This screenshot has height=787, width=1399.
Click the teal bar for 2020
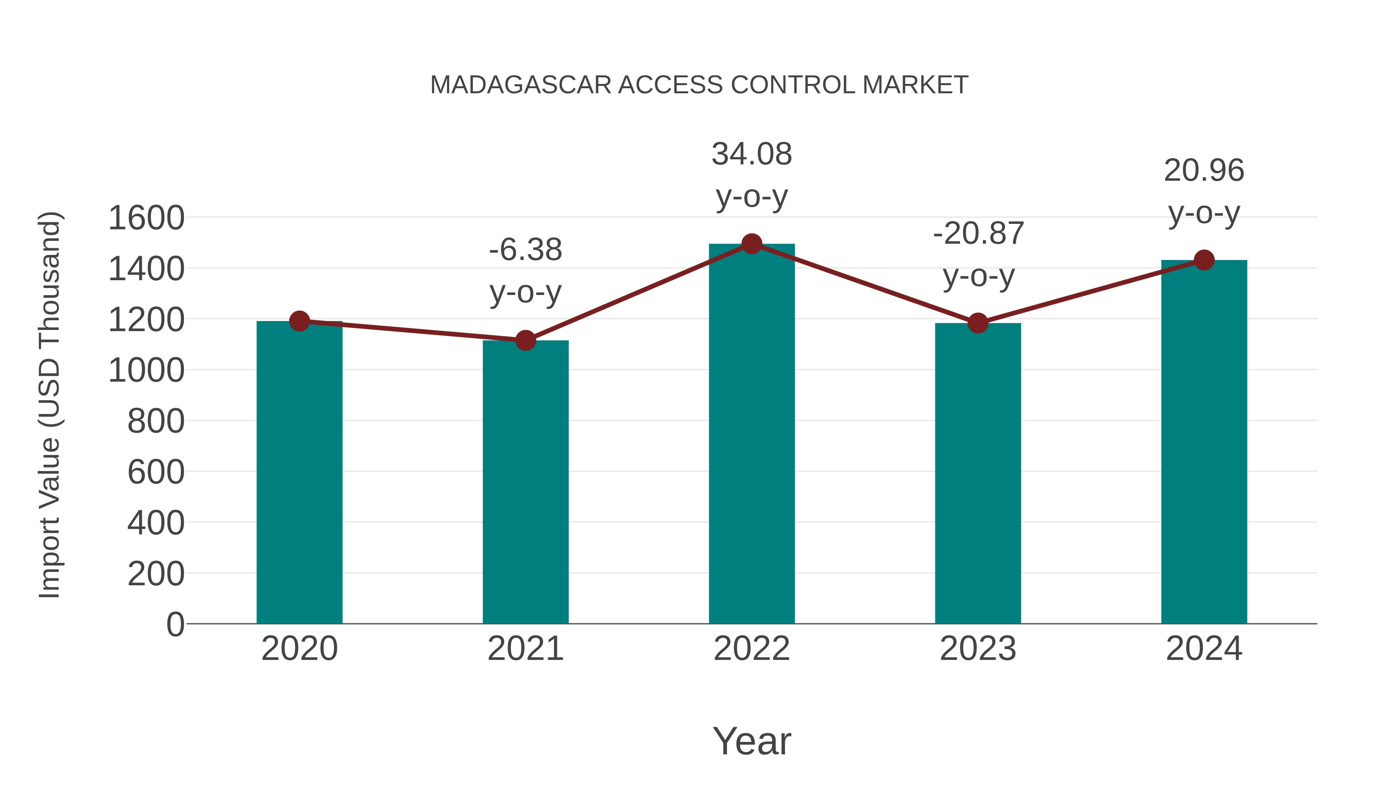pos(299,473)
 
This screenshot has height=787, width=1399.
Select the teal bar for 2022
pos(752,435)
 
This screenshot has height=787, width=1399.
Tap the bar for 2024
pos(1204,443)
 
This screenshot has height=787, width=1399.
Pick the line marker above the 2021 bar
pos(525,340)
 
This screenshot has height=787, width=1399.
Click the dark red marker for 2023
pos(978,323)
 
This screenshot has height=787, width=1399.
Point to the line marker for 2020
pos(299,321)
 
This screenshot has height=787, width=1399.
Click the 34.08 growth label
pos(752,154)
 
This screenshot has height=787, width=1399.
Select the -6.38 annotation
pos(525,250)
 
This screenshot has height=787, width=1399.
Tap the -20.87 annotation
pos(978,234)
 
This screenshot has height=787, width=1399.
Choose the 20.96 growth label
pos(1204,171)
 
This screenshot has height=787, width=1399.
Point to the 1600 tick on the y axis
pos(146,218)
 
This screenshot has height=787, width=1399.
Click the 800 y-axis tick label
pos(156,421)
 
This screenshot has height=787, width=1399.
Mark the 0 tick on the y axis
pos(175,625)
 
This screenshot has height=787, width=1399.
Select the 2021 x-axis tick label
pos(525,649)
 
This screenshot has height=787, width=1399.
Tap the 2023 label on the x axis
pos(978,649)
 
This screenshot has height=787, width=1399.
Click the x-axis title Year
pos(752,741)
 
